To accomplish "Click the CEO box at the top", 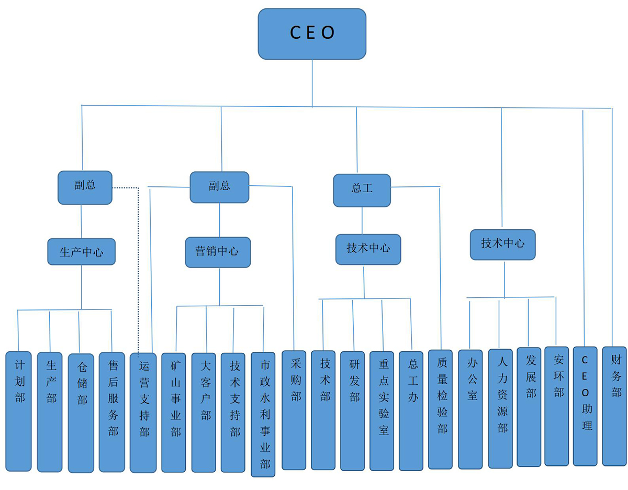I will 312,34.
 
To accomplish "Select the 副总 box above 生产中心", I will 85,187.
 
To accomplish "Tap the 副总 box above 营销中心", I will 219,187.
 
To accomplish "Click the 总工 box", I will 362,190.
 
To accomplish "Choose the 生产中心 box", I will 81,252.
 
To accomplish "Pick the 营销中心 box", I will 218,252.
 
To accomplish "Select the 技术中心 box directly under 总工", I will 368,249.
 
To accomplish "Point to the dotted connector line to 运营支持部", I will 138,262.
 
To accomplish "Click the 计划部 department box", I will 19,411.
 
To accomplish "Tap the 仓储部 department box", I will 81,413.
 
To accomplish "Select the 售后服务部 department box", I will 112,411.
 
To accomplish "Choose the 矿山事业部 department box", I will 174,412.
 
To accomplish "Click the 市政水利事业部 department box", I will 263,414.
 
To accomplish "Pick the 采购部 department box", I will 294,410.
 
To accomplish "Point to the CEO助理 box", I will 585,406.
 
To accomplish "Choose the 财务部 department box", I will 614,406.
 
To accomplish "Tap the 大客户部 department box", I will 204,412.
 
